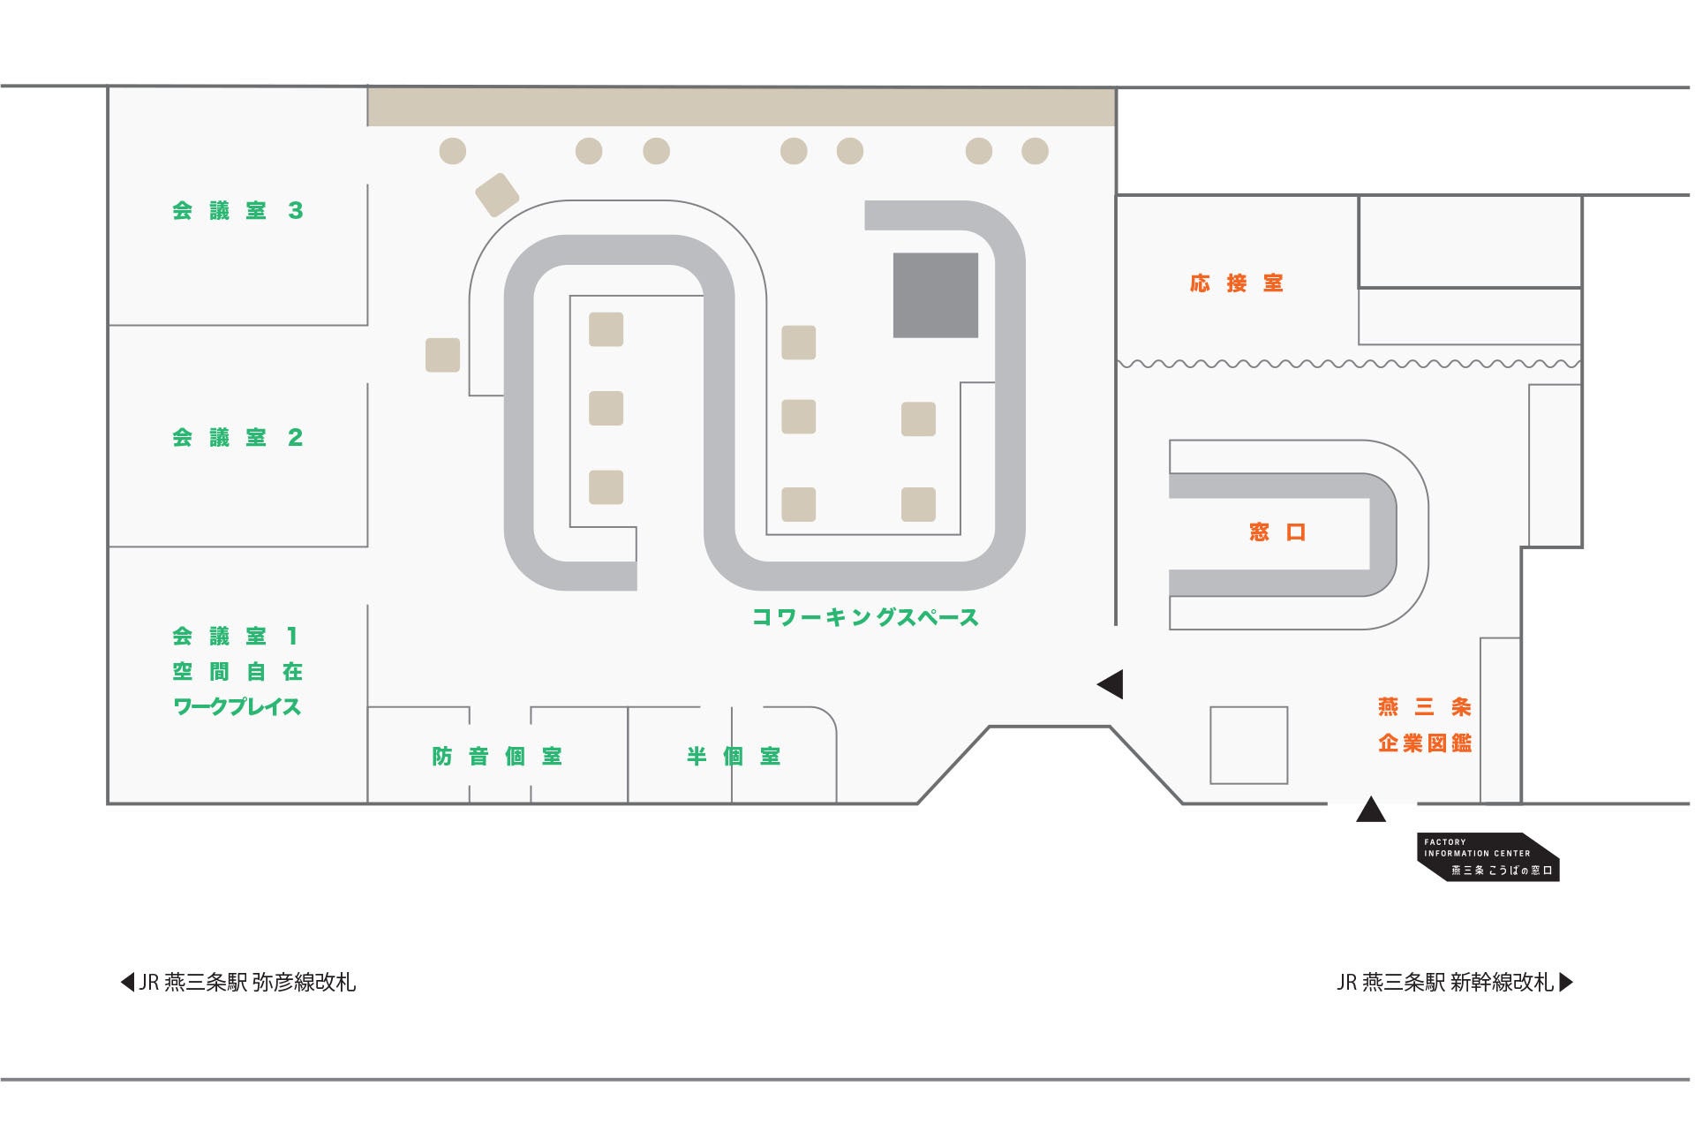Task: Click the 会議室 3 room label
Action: (x=237, y=211)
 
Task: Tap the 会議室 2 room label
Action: (x=237, y=438)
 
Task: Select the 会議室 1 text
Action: (x=236, y=636)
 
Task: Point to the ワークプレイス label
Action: (x=237, y=707)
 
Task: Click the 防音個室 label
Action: (x=497, y=757)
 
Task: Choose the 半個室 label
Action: (x=734, y=757)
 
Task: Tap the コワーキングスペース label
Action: (x=865, y=617)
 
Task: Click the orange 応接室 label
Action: (x=1236, y=283)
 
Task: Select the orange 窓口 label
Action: (x=1277, y=532)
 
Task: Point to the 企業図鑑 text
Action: (x=1425, y=743)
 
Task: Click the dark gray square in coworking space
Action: (x=936, y=295)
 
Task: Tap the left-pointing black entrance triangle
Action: (x=1111, y=684)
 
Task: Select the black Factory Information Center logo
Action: (x=1488, y=857)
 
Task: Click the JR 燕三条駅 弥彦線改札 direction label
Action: (x=238, y=983)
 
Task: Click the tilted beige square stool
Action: (x=497, y=194)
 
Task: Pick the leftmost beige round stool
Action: (x=453, y=151)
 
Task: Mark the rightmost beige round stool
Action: (x=1035, y=151)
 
